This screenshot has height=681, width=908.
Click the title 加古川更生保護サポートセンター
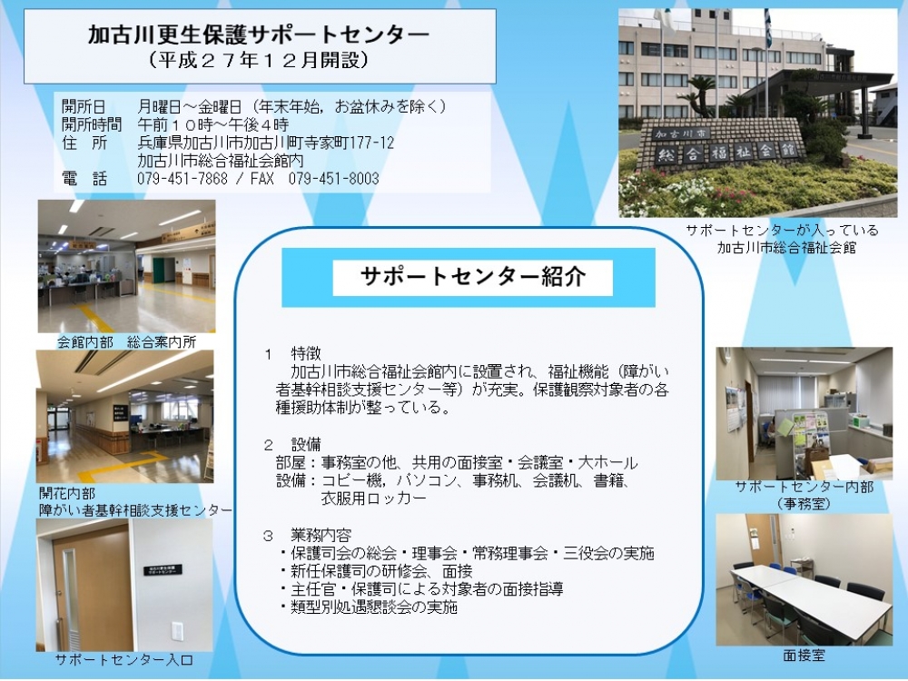258,35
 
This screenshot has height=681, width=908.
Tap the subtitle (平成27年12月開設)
258,60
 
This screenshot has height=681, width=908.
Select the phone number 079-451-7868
183,178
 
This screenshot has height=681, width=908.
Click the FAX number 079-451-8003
334,178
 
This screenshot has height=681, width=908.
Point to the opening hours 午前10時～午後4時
212,124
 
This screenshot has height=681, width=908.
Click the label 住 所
84,143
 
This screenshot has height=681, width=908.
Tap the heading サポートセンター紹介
472,277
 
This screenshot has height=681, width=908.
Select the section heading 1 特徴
292,353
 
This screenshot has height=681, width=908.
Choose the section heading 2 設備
292,444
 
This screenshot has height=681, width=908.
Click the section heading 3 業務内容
307,535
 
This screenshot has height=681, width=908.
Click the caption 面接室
804,656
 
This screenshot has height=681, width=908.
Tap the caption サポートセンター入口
123,659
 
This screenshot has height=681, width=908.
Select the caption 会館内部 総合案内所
126,341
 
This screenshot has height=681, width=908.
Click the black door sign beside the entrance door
163,570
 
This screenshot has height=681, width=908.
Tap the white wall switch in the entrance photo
177,631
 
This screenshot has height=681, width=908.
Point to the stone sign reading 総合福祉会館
726,152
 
